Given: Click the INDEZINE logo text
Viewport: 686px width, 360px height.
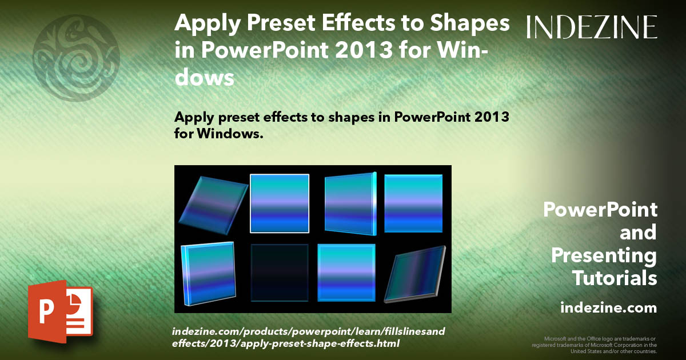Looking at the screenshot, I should [x=592, y=27].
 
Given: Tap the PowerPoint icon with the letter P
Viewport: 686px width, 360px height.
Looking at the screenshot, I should [x=60, y=311].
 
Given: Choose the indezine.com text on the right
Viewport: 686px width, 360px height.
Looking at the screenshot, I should [x=608, y=308].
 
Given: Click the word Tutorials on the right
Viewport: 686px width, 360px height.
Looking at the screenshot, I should [x=615, y=278].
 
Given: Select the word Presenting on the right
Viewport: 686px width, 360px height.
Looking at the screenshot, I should [x=604, y=255].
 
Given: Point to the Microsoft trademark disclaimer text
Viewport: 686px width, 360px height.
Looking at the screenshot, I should [x=595, y=345].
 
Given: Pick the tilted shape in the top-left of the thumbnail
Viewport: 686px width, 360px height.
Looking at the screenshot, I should [x=213, y=205].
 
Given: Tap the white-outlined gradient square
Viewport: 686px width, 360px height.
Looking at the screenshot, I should [x=280, y=203].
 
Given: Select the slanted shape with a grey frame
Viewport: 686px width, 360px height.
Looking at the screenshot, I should [x=414, y=274].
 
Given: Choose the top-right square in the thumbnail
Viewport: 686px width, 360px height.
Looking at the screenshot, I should [x=413, y=203].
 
